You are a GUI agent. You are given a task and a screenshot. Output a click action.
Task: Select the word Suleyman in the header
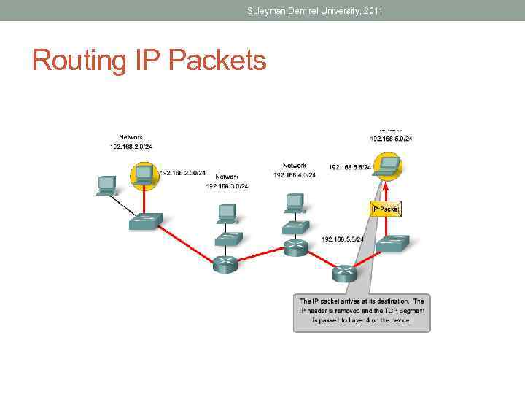pos(268,11)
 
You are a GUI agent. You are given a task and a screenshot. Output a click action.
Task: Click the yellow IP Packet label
pos(385,209)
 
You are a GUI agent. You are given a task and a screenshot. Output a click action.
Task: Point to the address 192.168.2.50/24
pos(183,174)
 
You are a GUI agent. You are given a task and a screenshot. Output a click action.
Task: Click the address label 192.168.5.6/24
pos(351,167)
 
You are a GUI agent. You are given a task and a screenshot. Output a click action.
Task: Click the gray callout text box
pos(362,312)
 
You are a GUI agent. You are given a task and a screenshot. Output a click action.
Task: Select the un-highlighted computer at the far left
pos(107,185)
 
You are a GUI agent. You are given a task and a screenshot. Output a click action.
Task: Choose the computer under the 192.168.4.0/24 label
pos(295,202)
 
